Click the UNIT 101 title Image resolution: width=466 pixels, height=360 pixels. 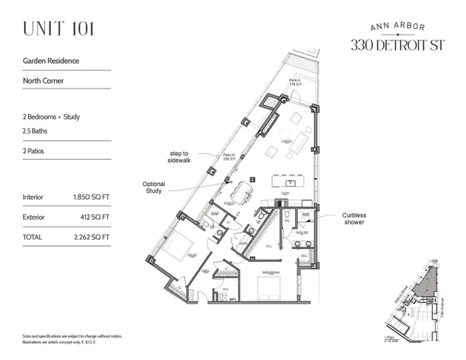click(58, 30)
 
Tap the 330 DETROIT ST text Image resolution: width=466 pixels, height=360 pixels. click(397, 44)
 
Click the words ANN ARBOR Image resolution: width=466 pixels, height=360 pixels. click(397, 26)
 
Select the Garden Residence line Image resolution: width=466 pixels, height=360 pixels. click(51, 61)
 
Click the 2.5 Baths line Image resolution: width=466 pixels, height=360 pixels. click(39, 130)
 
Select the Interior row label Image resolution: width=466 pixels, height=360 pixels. click(34, 197)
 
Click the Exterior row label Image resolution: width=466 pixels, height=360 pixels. click(34, 217)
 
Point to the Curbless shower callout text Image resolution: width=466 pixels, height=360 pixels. click(354, 218)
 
